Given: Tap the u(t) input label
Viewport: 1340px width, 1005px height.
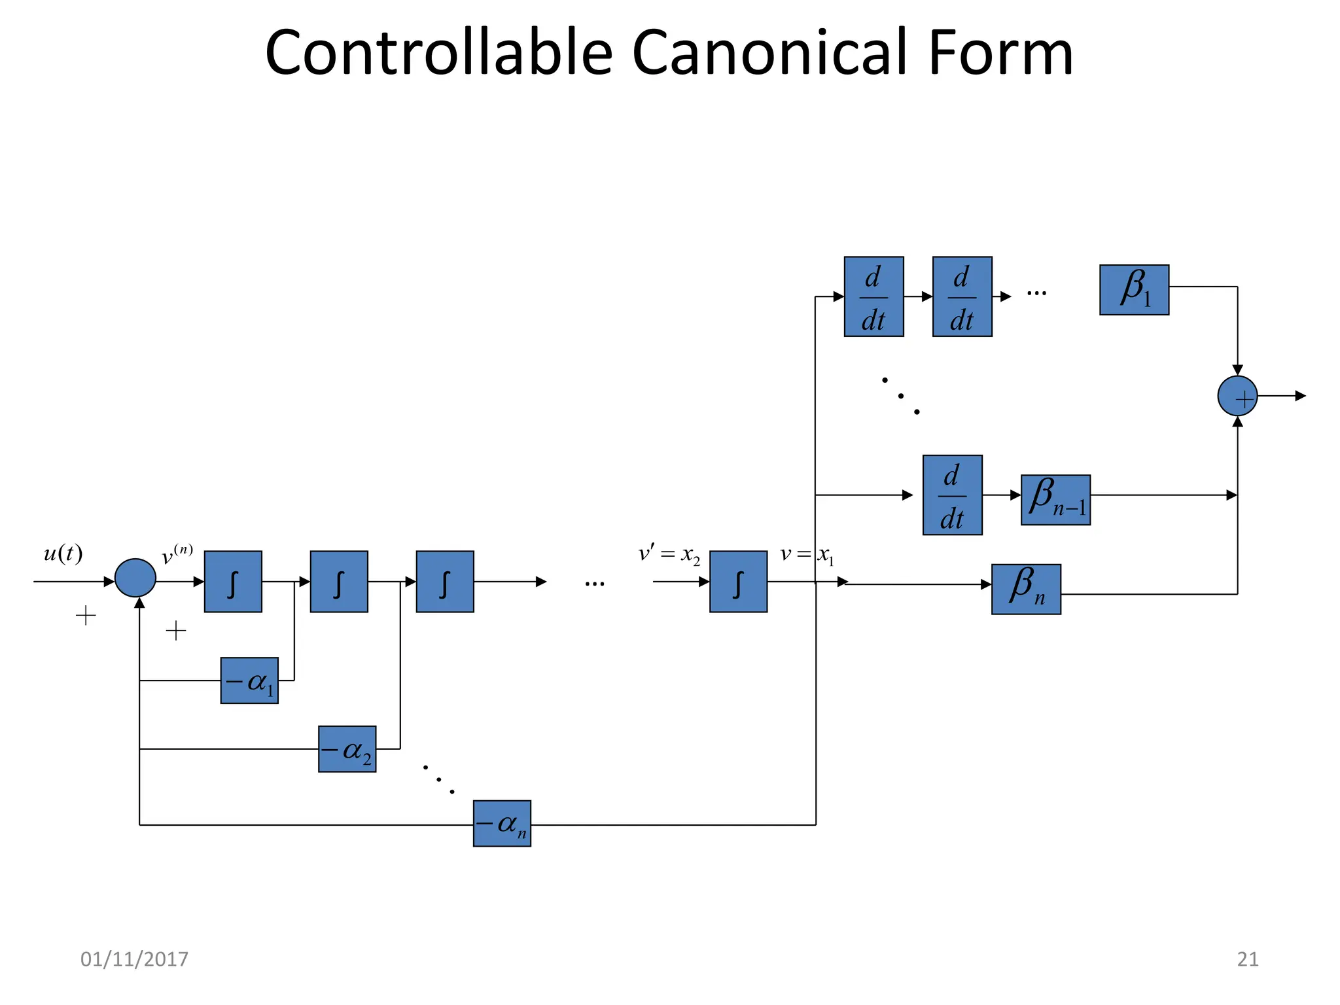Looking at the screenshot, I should [x=63, y=554].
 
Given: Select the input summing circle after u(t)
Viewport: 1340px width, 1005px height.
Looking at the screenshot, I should [x=135, y=578].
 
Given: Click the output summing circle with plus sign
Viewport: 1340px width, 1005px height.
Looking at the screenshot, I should [x=1237, y=396].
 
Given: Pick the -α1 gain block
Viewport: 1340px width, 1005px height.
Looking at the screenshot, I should [x=249, y=680].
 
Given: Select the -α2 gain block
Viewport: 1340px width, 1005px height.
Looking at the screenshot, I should [x=347, y=749].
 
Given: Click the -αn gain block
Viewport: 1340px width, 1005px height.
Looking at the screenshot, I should [x=502, y=824].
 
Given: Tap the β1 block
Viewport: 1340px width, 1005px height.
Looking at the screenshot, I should [x=1134, y=290].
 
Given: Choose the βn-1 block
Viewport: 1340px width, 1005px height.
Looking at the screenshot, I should [x=1055, y=500].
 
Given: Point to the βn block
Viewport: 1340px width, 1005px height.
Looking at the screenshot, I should [x=1026, y=589].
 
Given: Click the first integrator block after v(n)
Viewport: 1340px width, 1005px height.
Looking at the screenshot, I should [x=233, y=582].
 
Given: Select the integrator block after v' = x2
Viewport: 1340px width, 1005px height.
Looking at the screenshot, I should [x=738, y=582].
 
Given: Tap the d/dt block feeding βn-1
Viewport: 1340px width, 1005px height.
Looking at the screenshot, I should [x=952, y=495].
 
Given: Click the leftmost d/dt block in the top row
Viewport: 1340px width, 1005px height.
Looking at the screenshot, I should [x=873, y=296].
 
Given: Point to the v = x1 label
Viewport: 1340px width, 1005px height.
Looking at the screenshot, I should [x=807, y=555].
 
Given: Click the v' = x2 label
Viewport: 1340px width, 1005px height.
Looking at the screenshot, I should [x=669, y=555].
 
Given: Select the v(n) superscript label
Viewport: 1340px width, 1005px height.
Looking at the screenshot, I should [x=177, y=554].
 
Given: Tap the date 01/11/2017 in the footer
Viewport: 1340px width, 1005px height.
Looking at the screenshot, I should [x=134, y=959].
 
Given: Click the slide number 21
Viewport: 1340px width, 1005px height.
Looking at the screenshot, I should [x=1248, y=959].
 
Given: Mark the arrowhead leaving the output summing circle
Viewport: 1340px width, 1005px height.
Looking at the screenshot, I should [x=1301, y=396].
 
